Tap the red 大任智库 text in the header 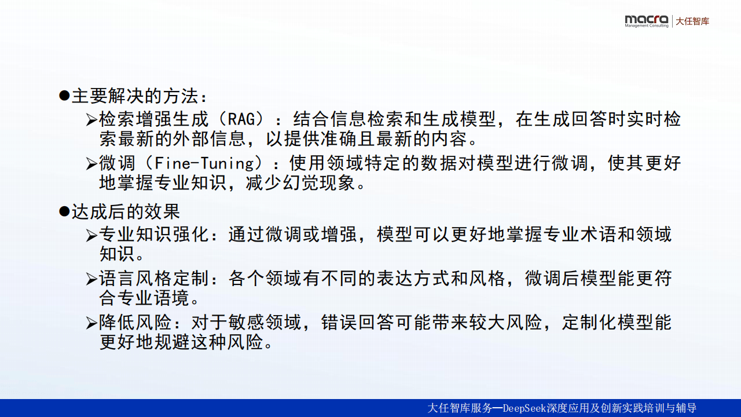tap(692, 21)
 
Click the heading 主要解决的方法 tap(135, 96)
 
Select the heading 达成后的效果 tap(126, 211)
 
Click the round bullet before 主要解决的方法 tap(64, 96)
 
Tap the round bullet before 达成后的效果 tap(64, 211)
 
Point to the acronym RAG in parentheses tap(241, 119)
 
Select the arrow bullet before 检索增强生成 tap(91, 119)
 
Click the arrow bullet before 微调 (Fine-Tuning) tap(91, 163)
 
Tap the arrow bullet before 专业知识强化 tap(91, 235)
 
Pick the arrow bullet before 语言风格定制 tap(91, 279)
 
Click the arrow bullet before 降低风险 tap(91, 323)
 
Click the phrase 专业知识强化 tap(154, 235)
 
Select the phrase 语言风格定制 tap(154, 279)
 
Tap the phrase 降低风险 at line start tap(135, 323)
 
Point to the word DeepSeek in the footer tap(524, 408)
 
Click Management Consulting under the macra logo tap(647, 26)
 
